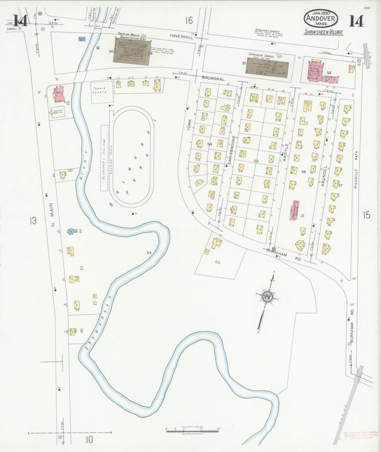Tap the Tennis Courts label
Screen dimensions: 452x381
point(99,90)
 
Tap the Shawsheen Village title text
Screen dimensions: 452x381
point(323,32)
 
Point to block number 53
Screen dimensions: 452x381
point(149,253)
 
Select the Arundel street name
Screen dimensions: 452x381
point(325,176)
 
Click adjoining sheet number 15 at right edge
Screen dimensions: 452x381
point(366,215)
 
